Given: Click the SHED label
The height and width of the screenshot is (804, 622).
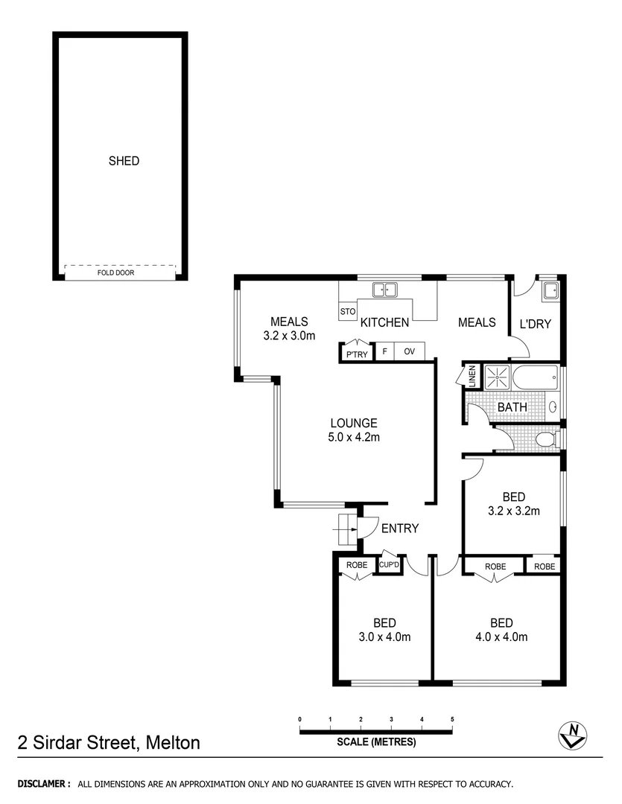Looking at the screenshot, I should click(x=124, y=161).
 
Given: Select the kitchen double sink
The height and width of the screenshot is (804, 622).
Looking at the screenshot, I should click(x=385, y=290).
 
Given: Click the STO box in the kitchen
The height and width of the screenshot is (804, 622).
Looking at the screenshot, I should click(x=347, y=311).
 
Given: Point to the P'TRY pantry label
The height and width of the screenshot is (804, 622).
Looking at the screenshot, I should click(x=356, y=354).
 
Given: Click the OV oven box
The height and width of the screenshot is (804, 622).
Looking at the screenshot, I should click(x=409, y=351).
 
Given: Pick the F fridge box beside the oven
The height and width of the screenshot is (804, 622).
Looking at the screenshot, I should click(x=384, y=351).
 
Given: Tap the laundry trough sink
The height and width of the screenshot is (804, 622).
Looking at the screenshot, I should click(x=550, y=290).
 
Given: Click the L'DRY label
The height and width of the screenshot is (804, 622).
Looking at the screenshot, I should click(x=535, y=324).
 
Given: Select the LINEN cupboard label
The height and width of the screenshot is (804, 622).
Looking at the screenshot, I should click(x=472, y=376).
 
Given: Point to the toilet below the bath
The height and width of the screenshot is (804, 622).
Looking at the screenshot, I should click(x=546, y=439).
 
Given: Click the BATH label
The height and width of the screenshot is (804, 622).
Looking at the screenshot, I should click(x=512, y=407).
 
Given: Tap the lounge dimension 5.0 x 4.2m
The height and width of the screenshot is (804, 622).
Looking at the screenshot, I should click(x=354, y=437).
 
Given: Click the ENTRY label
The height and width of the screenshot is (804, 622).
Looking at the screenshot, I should click(x=400, y=529).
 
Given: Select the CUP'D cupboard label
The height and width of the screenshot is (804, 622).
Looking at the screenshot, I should click(x=389, y=566).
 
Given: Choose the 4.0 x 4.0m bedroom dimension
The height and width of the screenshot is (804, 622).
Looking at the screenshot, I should click(x=501, y=636).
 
